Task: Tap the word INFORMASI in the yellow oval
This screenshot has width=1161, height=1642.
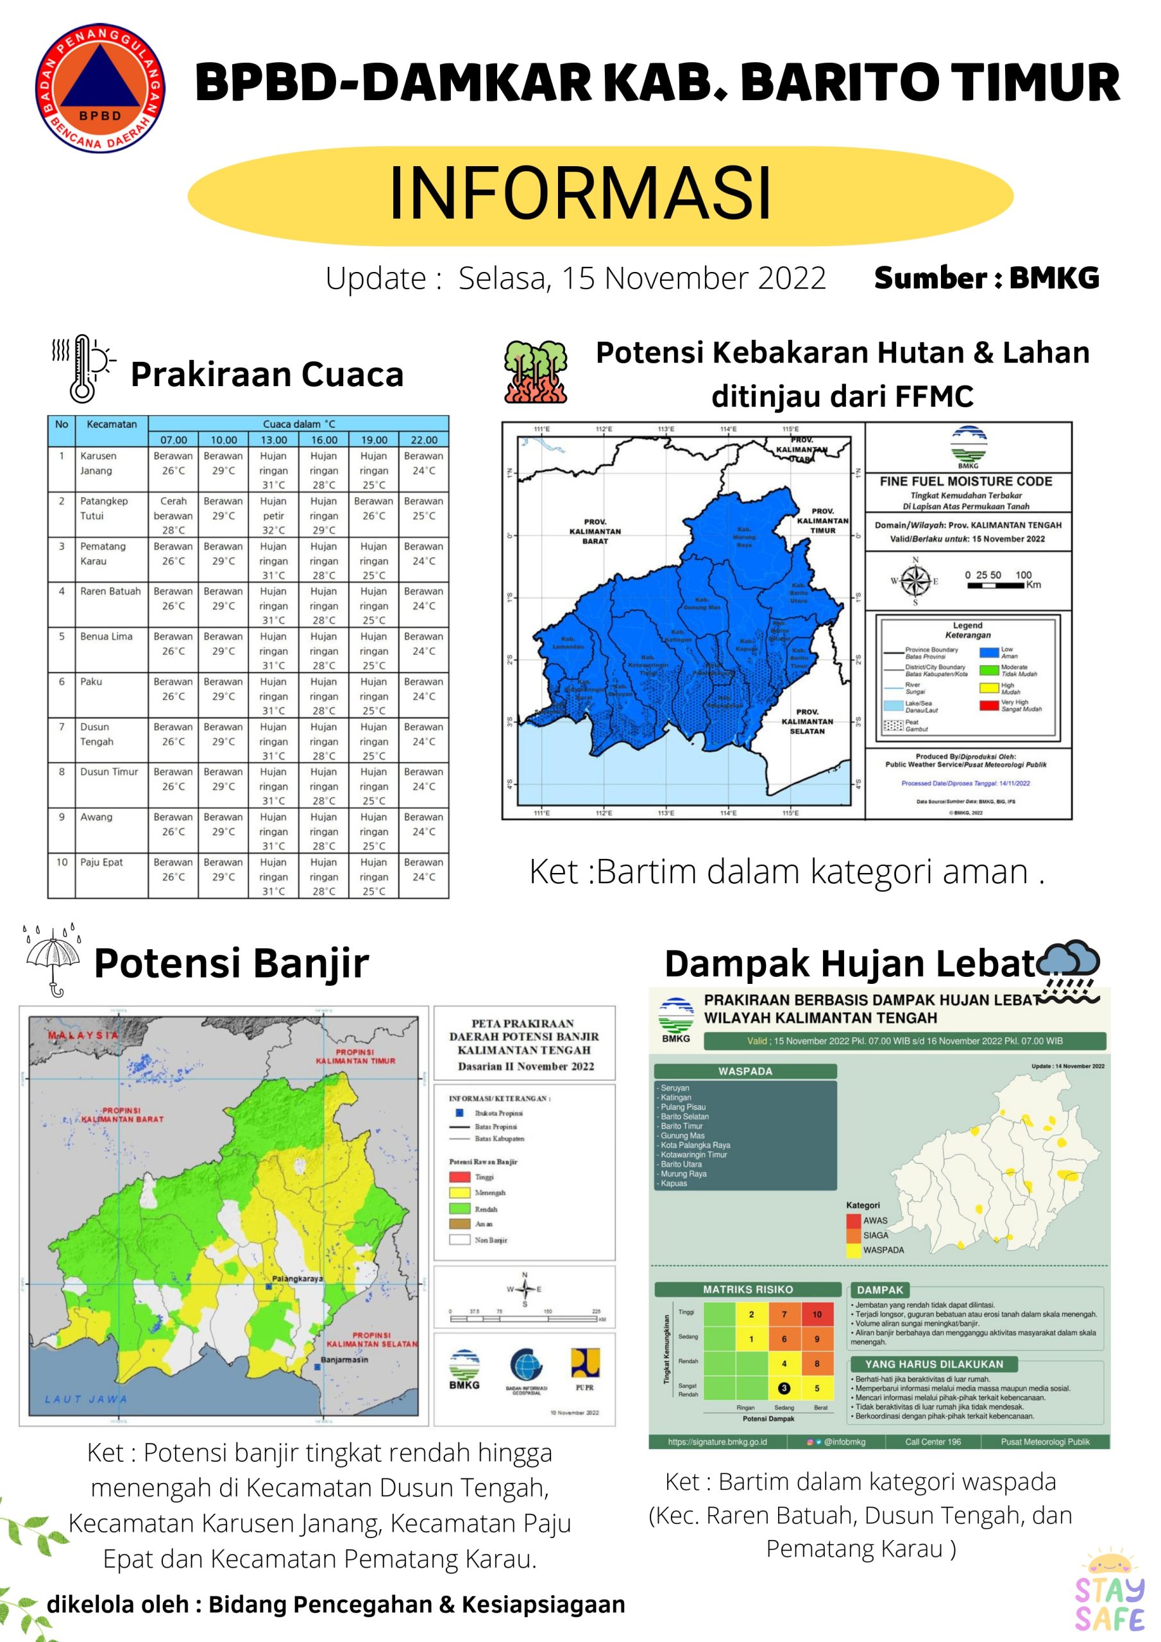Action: coord(579,193)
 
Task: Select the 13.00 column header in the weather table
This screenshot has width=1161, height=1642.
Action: coord(273,440)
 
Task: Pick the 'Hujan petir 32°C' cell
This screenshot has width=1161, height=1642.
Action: coord(273,516)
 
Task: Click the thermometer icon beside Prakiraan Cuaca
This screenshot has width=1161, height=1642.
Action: coord(83,368)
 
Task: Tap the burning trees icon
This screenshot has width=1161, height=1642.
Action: coord(535,372)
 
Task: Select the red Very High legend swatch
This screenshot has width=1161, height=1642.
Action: coord(988,706)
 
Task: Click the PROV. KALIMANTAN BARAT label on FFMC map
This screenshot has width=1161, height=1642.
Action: coord(595,531)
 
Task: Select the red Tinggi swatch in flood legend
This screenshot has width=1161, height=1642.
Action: coord(459,1176)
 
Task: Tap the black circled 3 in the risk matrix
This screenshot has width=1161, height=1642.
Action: coord(784,1388)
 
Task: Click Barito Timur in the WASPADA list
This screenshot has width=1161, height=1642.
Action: coord(682,1126)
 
